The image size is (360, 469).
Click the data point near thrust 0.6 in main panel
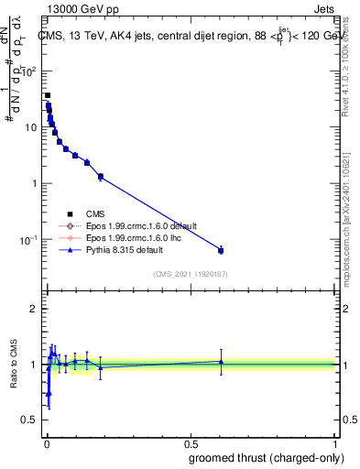pos(221,250)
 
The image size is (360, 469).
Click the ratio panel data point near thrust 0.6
pos(221,362)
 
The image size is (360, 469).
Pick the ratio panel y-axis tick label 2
pos(33,309)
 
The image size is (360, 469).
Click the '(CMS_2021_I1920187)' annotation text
pos(191,273)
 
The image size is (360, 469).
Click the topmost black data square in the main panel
pos(48,95)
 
